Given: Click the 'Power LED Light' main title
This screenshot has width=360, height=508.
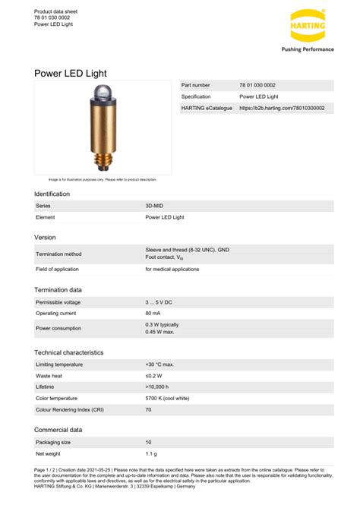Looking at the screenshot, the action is click(x=70, y=73).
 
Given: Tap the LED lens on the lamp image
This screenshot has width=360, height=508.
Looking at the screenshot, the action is click(x=103, y=96).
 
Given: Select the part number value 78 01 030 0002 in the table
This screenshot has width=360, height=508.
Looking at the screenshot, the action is click(x=257, y=85).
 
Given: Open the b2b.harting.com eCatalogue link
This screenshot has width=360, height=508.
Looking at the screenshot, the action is click(x=282, y=109).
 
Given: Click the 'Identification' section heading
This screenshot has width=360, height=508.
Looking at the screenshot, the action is click(x=52, y=194).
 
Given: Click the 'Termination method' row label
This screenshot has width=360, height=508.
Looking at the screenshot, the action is click(x=58, y=254).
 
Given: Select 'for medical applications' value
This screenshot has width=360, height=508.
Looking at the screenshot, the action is click(x=172, y=270).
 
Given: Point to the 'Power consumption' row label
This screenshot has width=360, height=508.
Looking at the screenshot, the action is click(x=58, y=328).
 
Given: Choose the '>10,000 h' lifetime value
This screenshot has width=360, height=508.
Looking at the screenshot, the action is click(x=157, y=387).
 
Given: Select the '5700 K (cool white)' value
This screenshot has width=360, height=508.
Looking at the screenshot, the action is click(x=168, y=398).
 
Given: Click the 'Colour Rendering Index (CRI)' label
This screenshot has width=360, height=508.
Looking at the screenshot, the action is click(x=70, y=409).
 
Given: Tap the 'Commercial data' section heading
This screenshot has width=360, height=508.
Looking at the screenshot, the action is click(x=58, y=429).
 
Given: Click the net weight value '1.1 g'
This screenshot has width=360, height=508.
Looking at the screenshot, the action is click(x=150, y=453).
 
